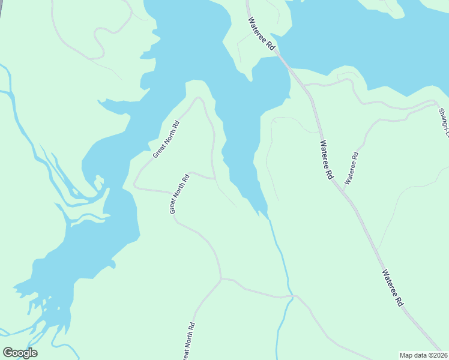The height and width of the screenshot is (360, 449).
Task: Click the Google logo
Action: point(20,353)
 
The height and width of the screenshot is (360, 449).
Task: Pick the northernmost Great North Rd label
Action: point(166,139)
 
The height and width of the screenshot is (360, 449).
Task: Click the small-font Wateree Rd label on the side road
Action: point(351,168)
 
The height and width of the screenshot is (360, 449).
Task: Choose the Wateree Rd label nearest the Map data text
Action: point(392,288)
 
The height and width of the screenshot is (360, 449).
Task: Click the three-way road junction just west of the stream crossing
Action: point(221,278)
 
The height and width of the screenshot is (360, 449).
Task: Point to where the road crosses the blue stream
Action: point(292,296)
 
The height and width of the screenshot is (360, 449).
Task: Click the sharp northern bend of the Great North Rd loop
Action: point(199,98)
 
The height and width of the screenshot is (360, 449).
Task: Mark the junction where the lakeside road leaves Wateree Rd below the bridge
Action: point(306,85)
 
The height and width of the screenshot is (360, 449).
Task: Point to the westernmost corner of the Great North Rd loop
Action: point(134,186)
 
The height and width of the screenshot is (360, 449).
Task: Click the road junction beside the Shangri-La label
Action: point(436,103)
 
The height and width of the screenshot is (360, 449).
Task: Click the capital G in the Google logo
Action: point(8,353)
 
